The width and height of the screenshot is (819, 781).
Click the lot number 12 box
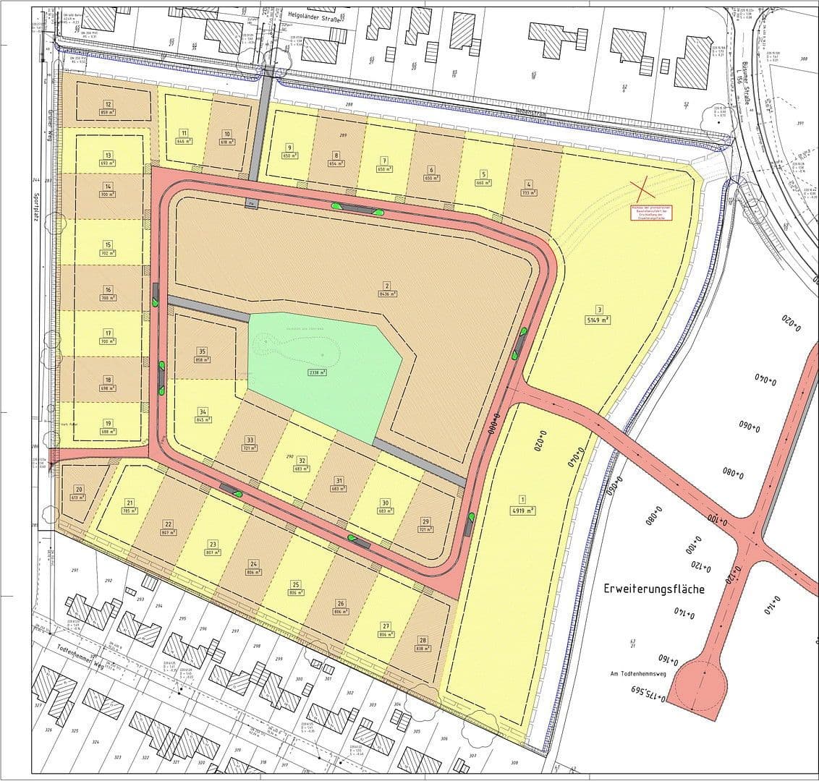tap(108, 103)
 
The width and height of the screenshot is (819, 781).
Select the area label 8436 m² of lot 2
tap(388, 294)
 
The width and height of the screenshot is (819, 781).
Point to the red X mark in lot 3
tap(642, 190)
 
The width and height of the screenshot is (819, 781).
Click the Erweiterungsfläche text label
tap(654, 589)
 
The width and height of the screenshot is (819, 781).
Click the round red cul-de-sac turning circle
tap(700, 682)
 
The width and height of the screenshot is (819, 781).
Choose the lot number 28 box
tap(423, 641)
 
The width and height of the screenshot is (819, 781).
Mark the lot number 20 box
tap(79, 490)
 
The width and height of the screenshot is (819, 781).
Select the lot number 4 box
tap(529, 184)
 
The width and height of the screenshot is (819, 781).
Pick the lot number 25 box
tap(295, 584)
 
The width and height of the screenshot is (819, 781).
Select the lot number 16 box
tap(108, 289)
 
